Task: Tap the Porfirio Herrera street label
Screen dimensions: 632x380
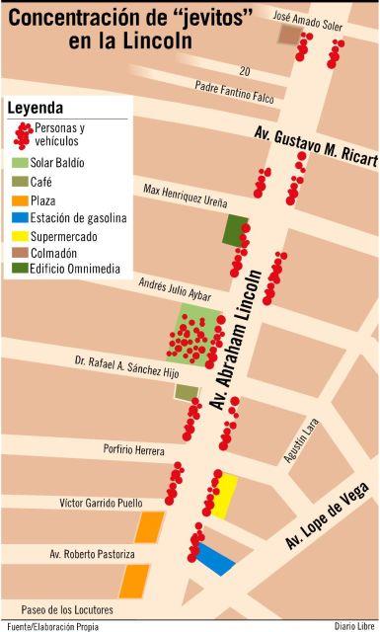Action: tap(134, 449)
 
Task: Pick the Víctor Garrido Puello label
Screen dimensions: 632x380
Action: tap(101, 503)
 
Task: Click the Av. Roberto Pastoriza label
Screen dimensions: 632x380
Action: tap(93, 555)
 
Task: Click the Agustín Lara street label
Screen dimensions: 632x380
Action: tap(301, 441)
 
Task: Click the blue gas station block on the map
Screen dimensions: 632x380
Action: tap(214, 559)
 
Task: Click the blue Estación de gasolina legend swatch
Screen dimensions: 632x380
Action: tap(20, 218)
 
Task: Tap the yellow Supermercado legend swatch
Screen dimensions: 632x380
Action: tap(20, 236)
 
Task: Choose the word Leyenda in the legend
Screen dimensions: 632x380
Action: tap(36, 107)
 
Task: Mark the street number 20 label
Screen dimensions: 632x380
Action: tap(244, 71)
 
